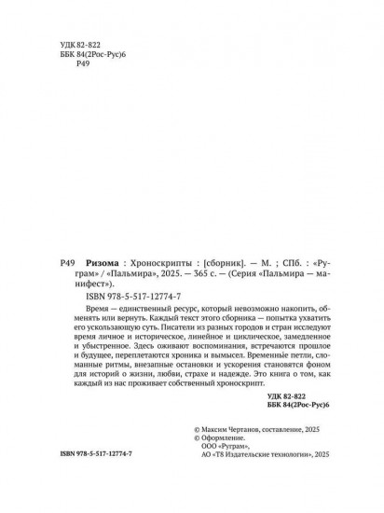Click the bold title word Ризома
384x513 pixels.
tap(103, 264)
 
